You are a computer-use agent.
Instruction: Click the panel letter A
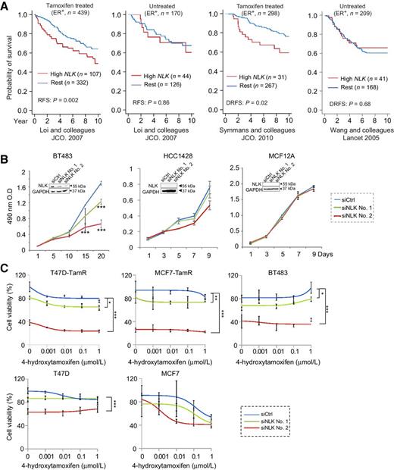tap(5, 6)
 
